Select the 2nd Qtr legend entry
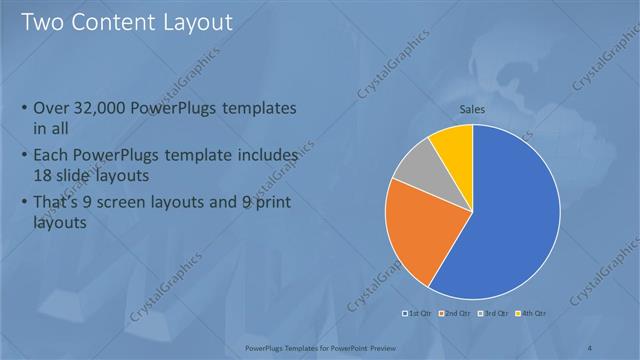point(458,314)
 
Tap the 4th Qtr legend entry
point(531,314)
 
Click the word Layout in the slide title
point(199,21)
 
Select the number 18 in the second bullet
point(46,174)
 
